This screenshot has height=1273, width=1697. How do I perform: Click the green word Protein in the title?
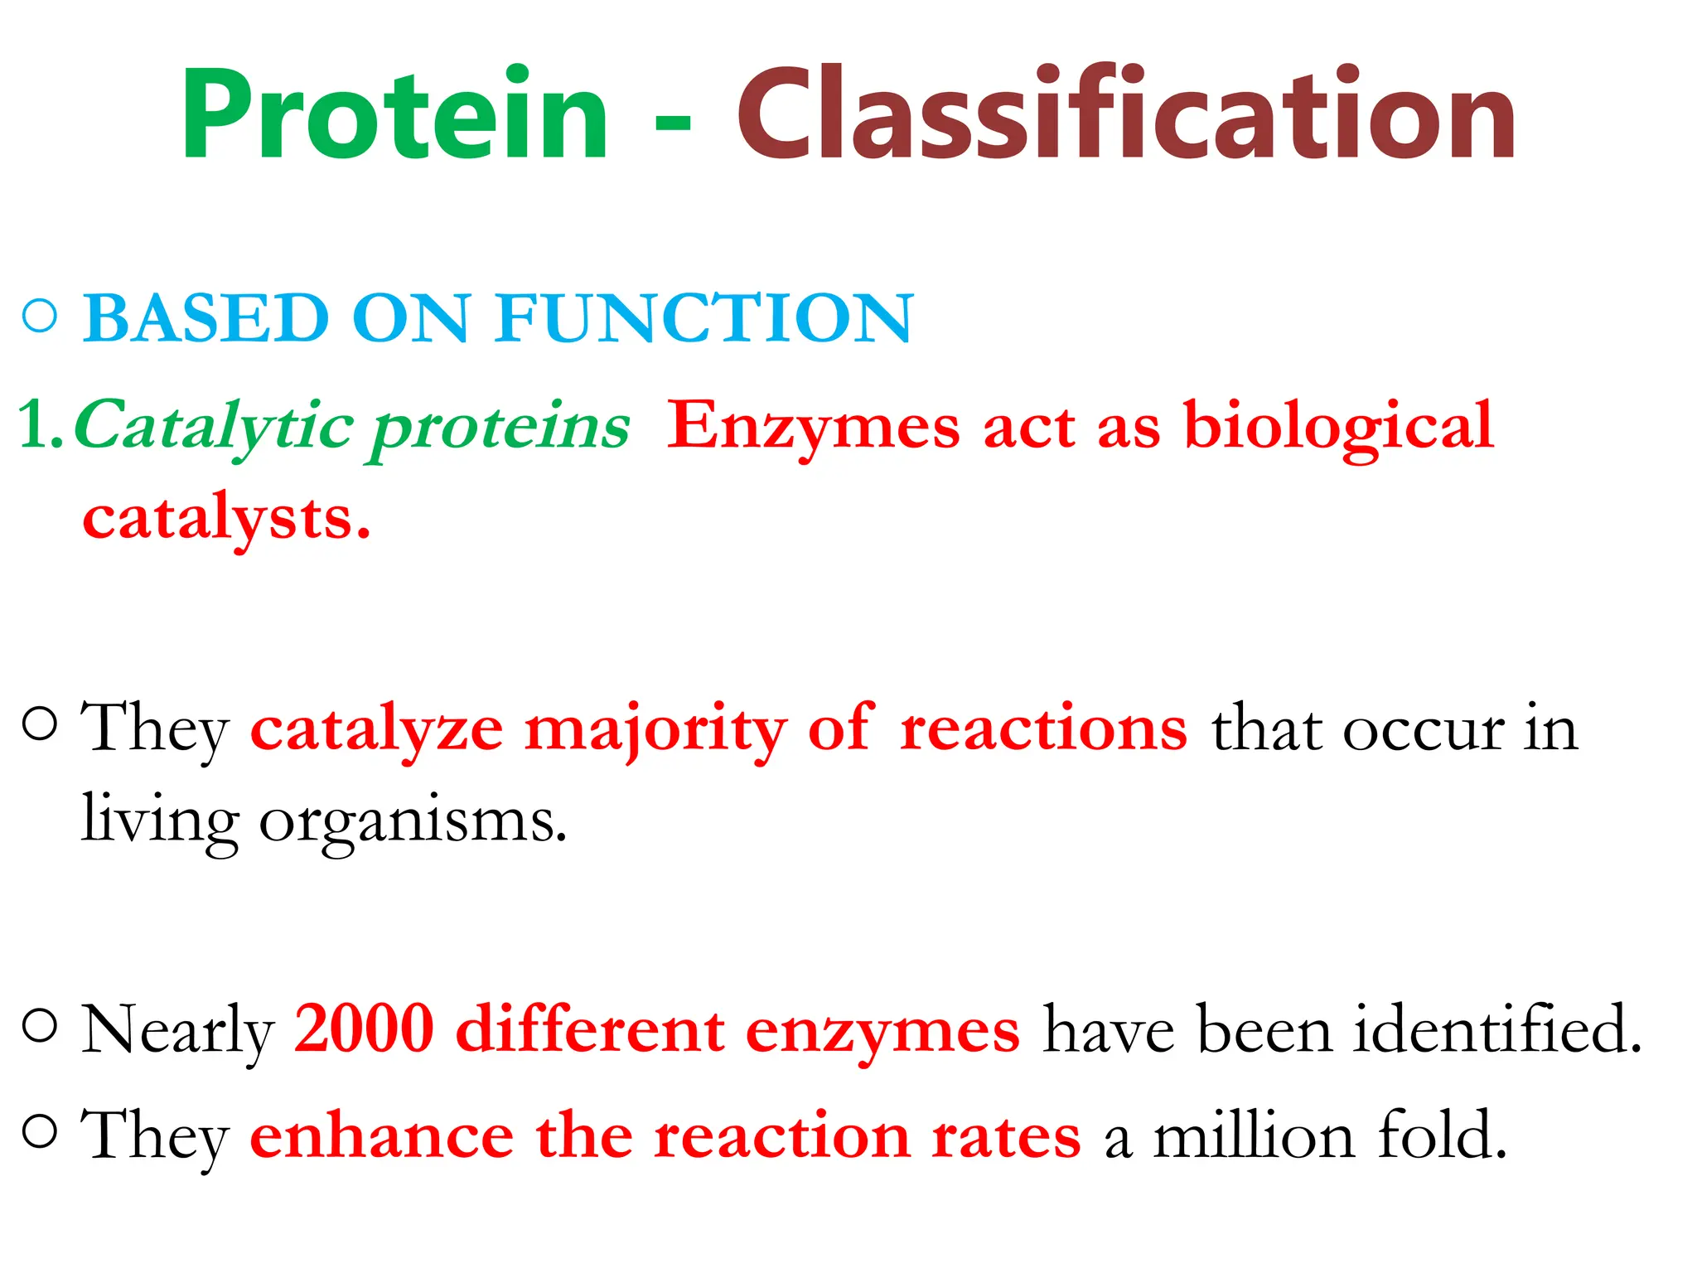(x=394, y=116)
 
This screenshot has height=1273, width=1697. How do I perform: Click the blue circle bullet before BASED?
(x=40, y=317)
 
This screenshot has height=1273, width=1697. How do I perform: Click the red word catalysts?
(x=225, y=519)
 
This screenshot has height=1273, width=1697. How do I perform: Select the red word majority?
(x=655, y=729)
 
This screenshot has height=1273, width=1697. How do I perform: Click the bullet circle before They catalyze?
(x=40, y=724)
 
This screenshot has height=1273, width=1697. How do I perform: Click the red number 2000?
(x=365, y=1029)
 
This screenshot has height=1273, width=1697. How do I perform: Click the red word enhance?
(x=381, y=1136)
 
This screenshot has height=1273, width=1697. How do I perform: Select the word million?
(x=1254, y=1136)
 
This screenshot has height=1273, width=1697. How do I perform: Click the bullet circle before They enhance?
(x=40, y=1130)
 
